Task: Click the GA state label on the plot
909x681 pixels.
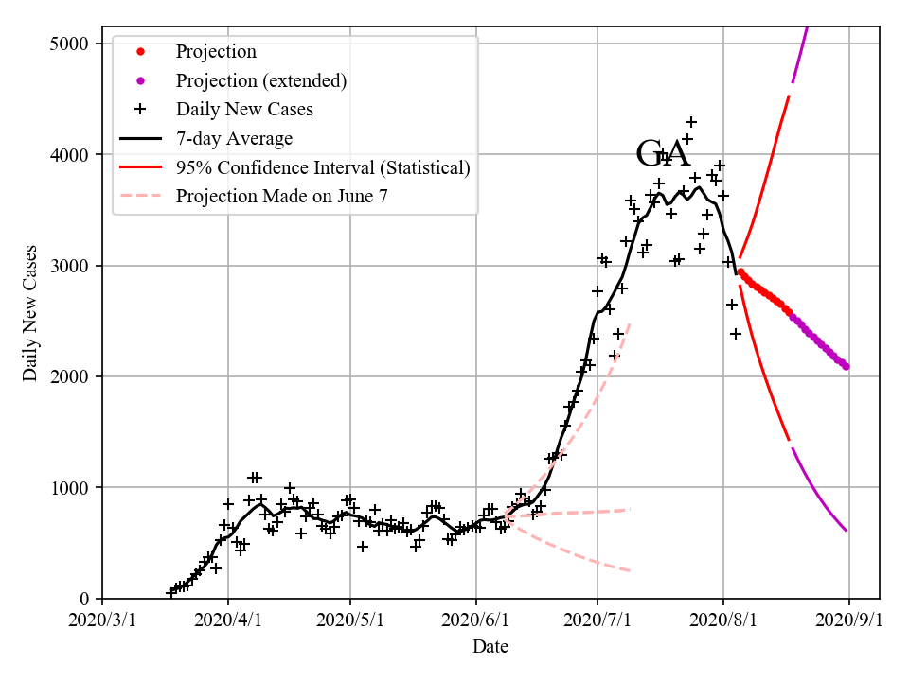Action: (x=663, y=154)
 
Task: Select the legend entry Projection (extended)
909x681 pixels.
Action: (x=261, y=80)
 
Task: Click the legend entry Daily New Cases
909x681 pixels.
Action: (x=244, y=109)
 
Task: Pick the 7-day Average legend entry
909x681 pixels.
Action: (x=234, y=138)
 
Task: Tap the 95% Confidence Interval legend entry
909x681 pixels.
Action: (x=323, y=167)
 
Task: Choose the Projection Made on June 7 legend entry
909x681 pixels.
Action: (x=281, y=196)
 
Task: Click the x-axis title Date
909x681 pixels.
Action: (x=490, y=647)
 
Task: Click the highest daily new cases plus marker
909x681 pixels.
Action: (x=691, y=122)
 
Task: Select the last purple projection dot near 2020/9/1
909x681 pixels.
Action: (x=846, y=366)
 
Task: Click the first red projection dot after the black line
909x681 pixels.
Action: (x=740, y=272)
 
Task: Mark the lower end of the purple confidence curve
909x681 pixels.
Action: (x=846, y=531)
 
